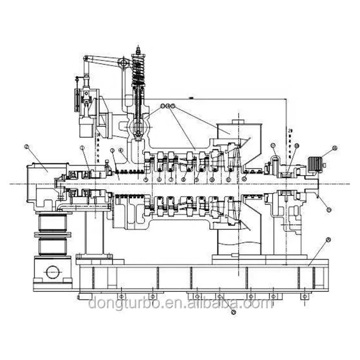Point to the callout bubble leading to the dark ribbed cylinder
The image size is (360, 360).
tap(335, 148)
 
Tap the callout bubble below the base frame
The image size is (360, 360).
tap(234, 312)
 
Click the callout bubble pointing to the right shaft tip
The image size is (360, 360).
tap(328, 209)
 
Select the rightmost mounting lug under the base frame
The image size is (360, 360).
tap(304, 296)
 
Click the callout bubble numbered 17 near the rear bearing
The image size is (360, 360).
tap(273, 145)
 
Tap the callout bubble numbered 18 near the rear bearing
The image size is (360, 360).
tap(296, 145)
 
